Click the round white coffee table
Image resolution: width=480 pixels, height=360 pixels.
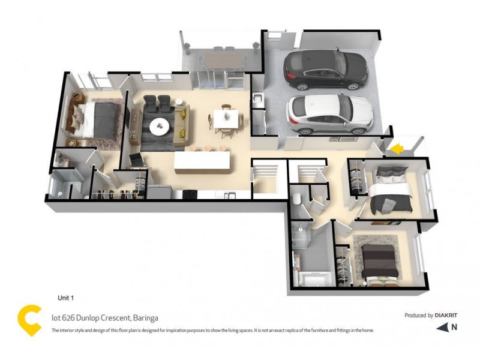(160, 125)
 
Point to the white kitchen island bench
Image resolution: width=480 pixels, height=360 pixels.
(202, 161)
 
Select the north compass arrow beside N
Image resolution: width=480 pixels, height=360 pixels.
(442, 327)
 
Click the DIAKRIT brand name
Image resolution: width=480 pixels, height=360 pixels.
(448, 315)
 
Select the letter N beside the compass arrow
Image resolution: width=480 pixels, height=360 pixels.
(455, 327)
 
